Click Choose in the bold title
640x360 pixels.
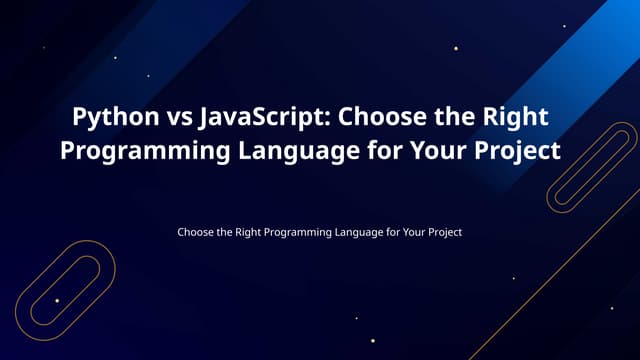coord(380,117)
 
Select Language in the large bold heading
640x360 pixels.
coord(290,151)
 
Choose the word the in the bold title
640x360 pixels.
coord(449,117)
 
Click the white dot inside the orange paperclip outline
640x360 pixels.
coord(57,300)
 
